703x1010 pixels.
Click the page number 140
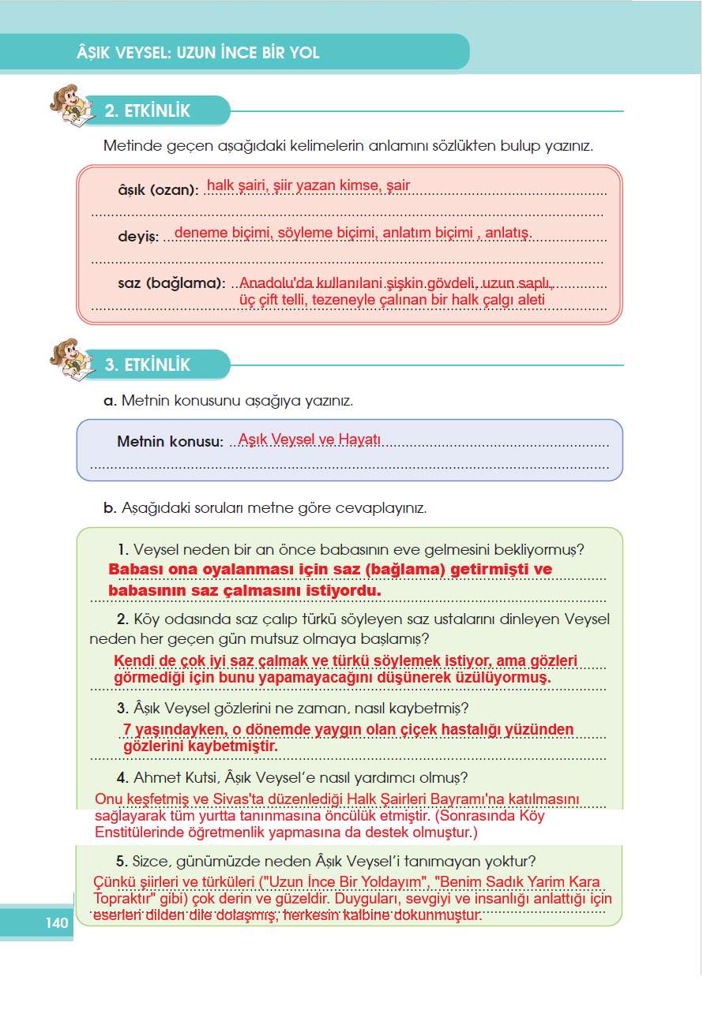[57, 922]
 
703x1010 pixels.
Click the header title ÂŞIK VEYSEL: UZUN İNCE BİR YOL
[194, 54]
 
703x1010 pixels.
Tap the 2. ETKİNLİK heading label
[148, 111]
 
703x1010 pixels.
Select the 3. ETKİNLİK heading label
[148, 365]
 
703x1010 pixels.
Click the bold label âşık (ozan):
[158, 190]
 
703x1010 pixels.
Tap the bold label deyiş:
[138, 237]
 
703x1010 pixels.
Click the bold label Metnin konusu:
[170, 442]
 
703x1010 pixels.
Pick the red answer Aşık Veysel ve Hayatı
[310, 440]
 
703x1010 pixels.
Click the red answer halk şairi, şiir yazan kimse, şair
[308, 186]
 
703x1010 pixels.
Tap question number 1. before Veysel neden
[122, 549]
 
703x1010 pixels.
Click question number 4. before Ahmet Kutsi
[122, 777]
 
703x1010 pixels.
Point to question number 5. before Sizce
[122, 860]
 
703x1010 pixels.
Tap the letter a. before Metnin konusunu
[110, 401]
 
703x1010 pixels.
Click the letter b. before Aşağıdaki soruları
[110, 508]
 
